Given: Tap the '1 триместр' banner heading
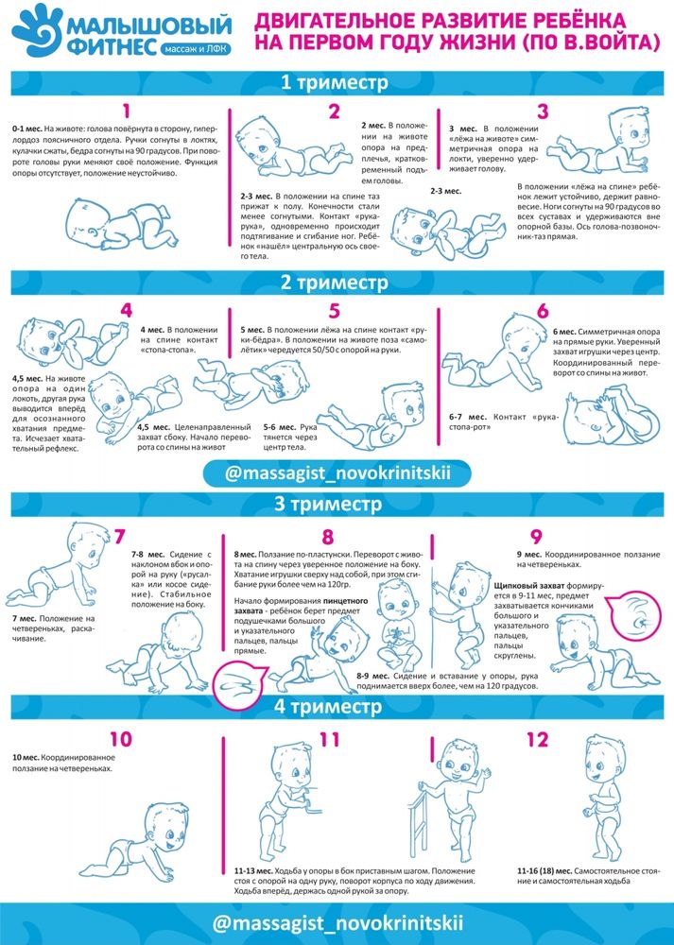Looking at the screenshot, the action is point(335,82).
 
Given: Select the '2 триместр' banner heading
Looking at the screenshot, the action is point(335,283).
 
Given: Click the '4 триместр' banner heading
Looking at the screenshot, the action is point(329,706).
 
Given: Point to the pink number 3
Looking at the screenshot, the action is point(543,112).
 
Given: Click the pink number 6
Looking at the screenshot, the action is point(543,311).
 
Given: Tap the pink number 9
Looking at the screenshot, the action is point(536,537).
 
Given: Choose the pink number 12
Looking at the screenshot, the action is point(537,740).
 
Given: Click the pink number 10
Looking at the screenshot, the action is point(121,740).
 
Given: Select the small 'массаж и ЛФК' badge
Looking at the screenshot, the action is point(196,49).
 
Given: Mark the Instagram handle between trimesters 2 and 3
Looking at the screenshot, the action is point(337,473).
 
